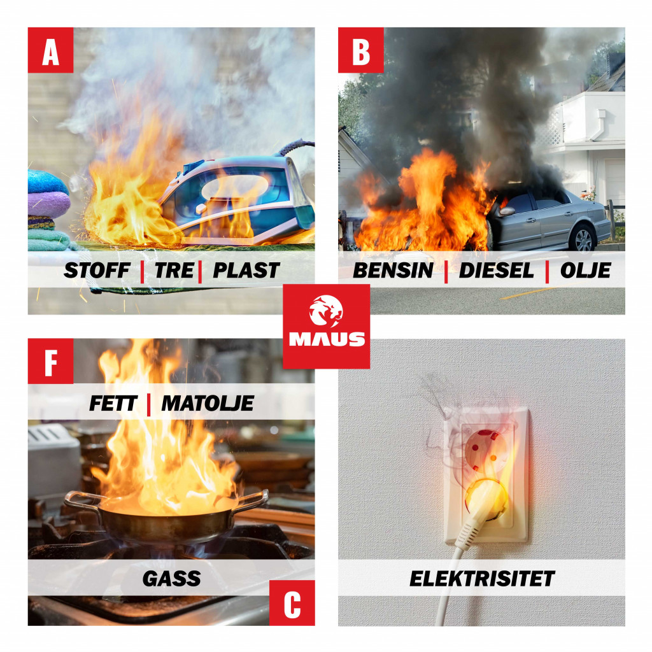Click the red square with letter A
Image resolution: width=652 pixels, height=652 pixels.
[x=51, y=50]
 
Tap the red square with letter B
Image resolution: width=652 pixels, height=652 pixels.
[x=361, y=50]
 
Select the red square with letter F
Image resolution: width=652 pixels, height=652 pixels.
[x=51, y=361]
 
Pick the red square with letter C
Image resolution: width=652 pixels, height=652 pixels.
[x=292, y=602]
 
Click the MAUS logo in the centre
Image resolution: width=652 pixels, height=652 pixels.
[x=327, y=327]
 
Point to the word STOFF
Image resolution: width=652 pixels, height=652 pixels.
[x=97, y=270]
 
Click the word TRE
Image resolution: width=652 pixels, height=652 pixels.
[x=174, y=270]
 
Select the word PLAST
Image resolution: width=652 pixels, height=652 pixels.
[x=246, y=270]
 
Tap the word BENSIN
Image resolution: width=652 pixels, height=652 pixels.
[x=393, y=270]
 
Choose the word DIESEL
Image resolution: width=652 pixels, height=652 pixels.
[x=496, y=270]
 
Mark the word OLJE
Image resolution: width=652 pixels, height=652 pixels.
[x=586, y=271]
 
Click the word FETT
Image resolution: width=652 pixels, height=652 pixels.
[x=113, y=403]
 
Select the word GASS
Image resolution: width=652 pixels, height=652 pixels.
[x=172, y=579]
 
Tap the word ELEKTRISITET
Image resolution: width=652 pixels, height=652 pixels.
[x=482, y=579]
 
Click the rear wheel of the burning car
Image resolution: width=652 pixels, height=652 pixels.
[x=583, y=239]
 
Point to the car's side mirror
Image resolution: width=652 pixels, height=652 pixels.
[x=506, y=211]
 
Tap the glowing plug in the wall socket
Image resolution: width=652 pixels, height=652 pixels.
[x=486, y=500]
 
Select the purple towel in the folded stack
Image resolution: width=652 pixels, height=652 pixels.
[x=48, y=204]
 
